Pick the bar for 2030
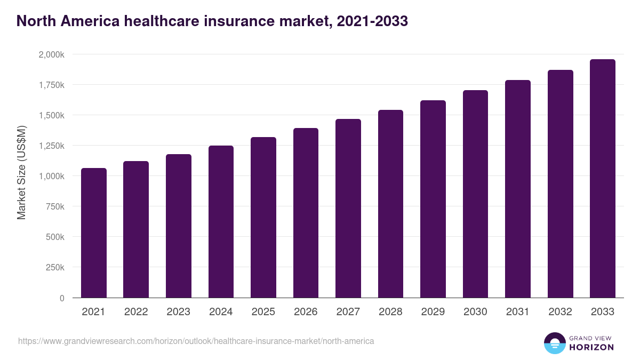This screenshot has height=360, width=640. [x=475, y=194]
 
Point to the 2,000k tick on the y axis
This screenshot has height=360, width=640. [x=51, y=54]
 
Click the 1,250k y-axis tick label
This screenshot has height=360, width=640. [x=51, y=146]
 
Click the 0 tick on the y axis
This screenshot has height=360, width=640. [x=62, y=298]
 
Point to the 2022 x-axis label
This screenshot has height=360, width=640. [x=136, y=312]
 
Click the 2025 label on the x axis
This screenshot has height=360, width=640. [x=263, y=312]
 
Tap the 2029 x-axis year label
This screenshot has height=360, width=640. [x=433, y=312]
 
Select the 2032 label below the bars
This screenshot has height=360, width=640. [x=560, y=312]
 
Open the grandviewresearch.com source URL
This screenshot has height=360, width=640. [x=196, y=341]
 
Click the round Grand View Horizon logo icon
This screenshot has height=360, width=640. [x=555, y=343]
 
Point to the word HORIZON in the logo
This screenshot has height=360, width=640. [x=591, y=347]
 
